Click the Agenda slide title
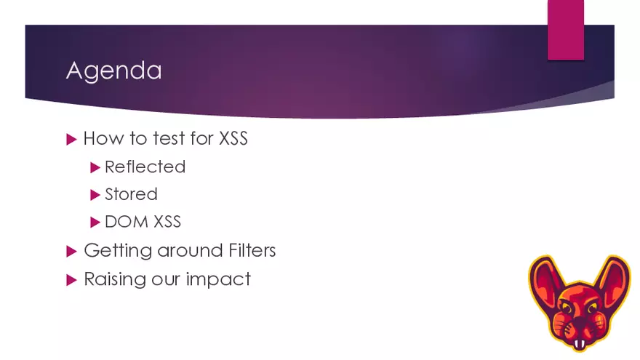(x=113, y=71)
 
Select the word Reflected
(x=145, y=167)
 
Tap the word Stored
(x=131, y=194)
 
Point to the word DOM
(x=122, y=222)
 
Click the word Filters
(x=247, y=251)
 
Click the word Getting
(x=112, y=251)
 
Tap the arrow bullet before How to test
(x=71, y=138)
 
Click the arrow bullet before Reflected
(x=95, y=167)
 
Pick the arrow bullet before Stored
(x=95, y=195)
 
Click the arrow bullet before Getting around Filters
(x=71, y=251)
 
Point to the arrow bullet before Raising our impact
(x=71, y=279)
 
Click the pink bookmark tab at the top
(x=565, y=29)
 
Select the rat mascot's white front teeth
(x=579, y=343)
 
